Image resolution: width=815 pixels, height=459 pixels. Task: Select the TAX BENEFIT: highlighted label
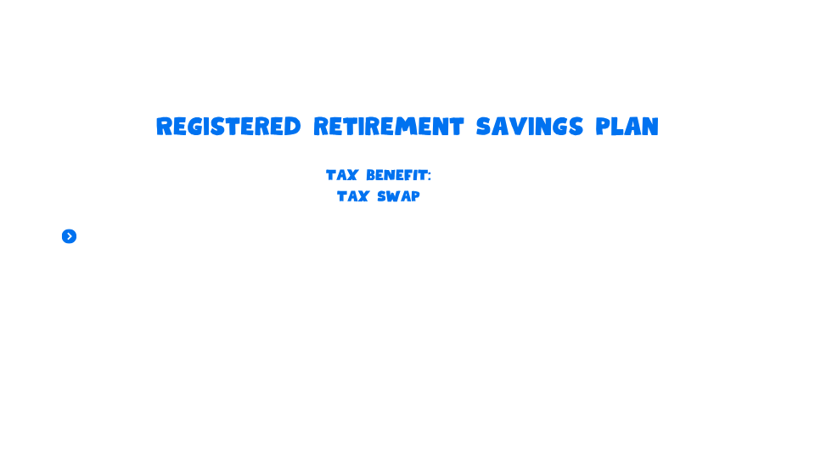point(379,176)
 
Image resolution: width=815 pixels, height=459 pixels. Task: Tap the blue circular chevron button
point(70,236)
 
